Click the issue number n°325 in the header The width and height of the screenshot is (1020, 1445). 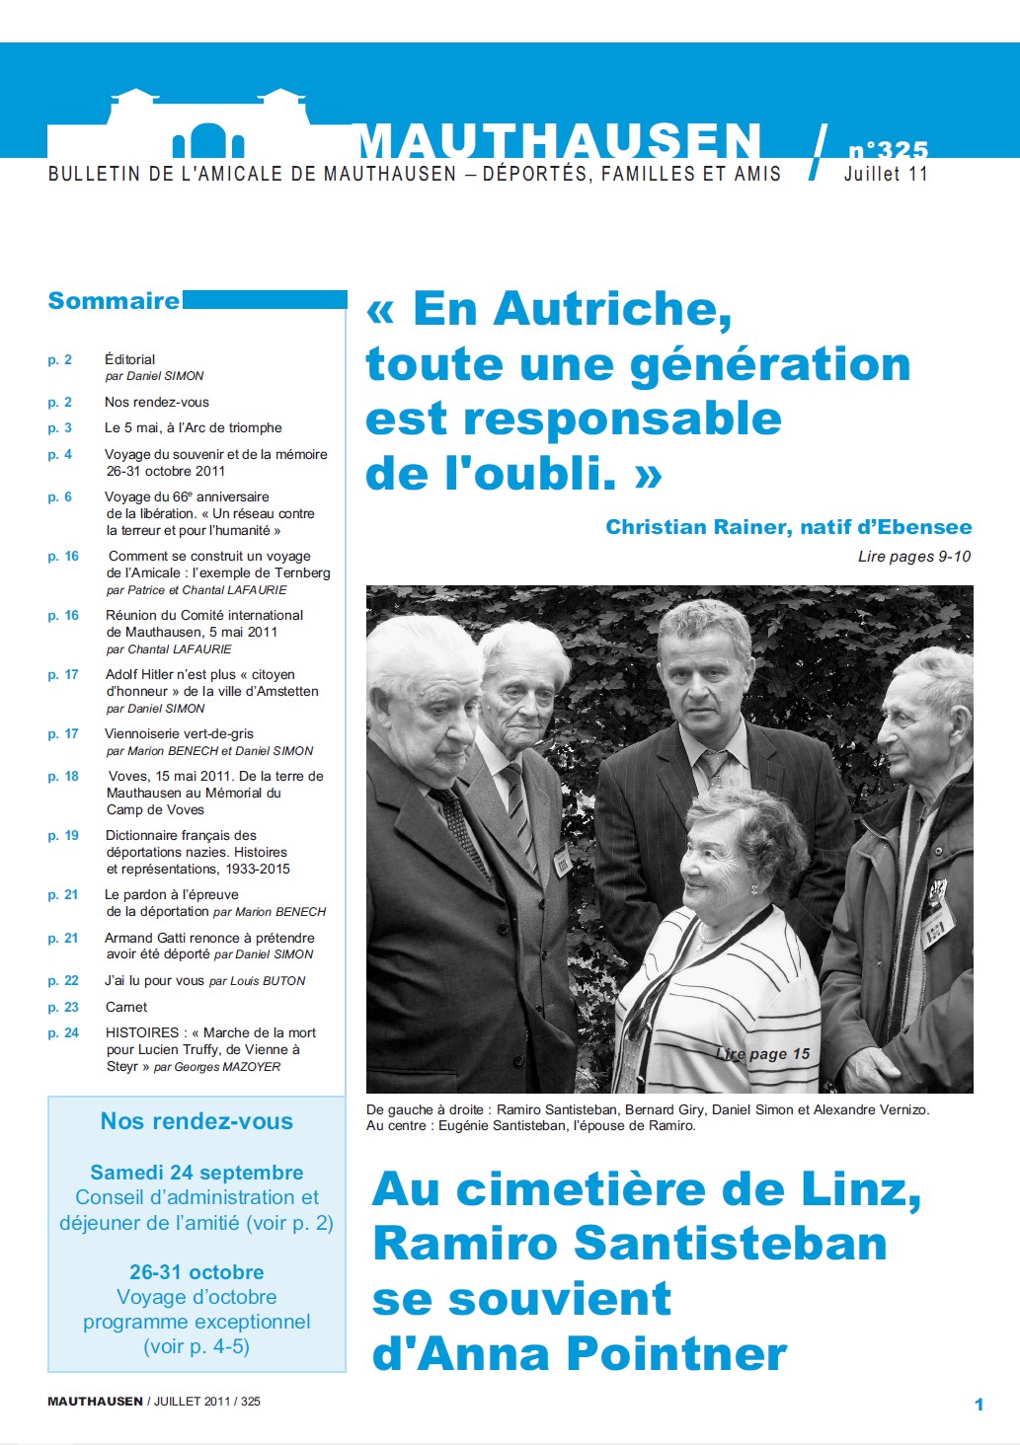(x=888, y=150)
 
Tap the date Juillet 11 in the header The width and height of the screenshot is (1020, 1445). (x=885, y=175)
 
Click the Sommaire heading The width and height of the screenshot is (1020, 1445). (x=114, y=301)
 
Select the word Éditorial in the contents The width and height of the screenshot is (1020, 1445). (x=129, y=359)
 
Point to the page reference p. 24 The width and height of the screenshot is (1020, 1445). (x=63, y=1032)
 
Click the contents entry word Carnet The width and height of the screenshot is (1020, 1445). (x=126, y=1007)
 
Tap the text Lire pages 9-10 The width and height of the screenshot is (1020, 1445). (x=913, y=557)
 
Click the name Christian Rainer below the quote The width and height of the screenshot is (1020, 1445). (x=695, y=527)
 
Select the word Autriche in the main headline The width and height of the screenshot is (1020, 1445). (x=612, y=309)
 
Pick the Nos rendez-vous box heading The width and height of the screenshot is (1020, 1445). (x=196, y=1121)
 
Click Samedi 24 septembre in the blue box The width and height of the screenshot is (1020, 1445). (x=196, y=1173)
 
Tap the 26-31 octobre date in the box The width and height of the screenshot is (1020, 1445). (x=196, y=1272)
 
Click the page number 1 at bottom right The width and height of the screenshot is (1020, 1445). (x=979, y=1404)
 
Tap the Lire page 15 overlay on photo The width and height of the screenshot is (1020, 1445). (x=762, y=1054)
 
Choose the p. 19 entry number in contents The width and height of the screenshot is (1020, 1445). (x=63, y=835)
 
